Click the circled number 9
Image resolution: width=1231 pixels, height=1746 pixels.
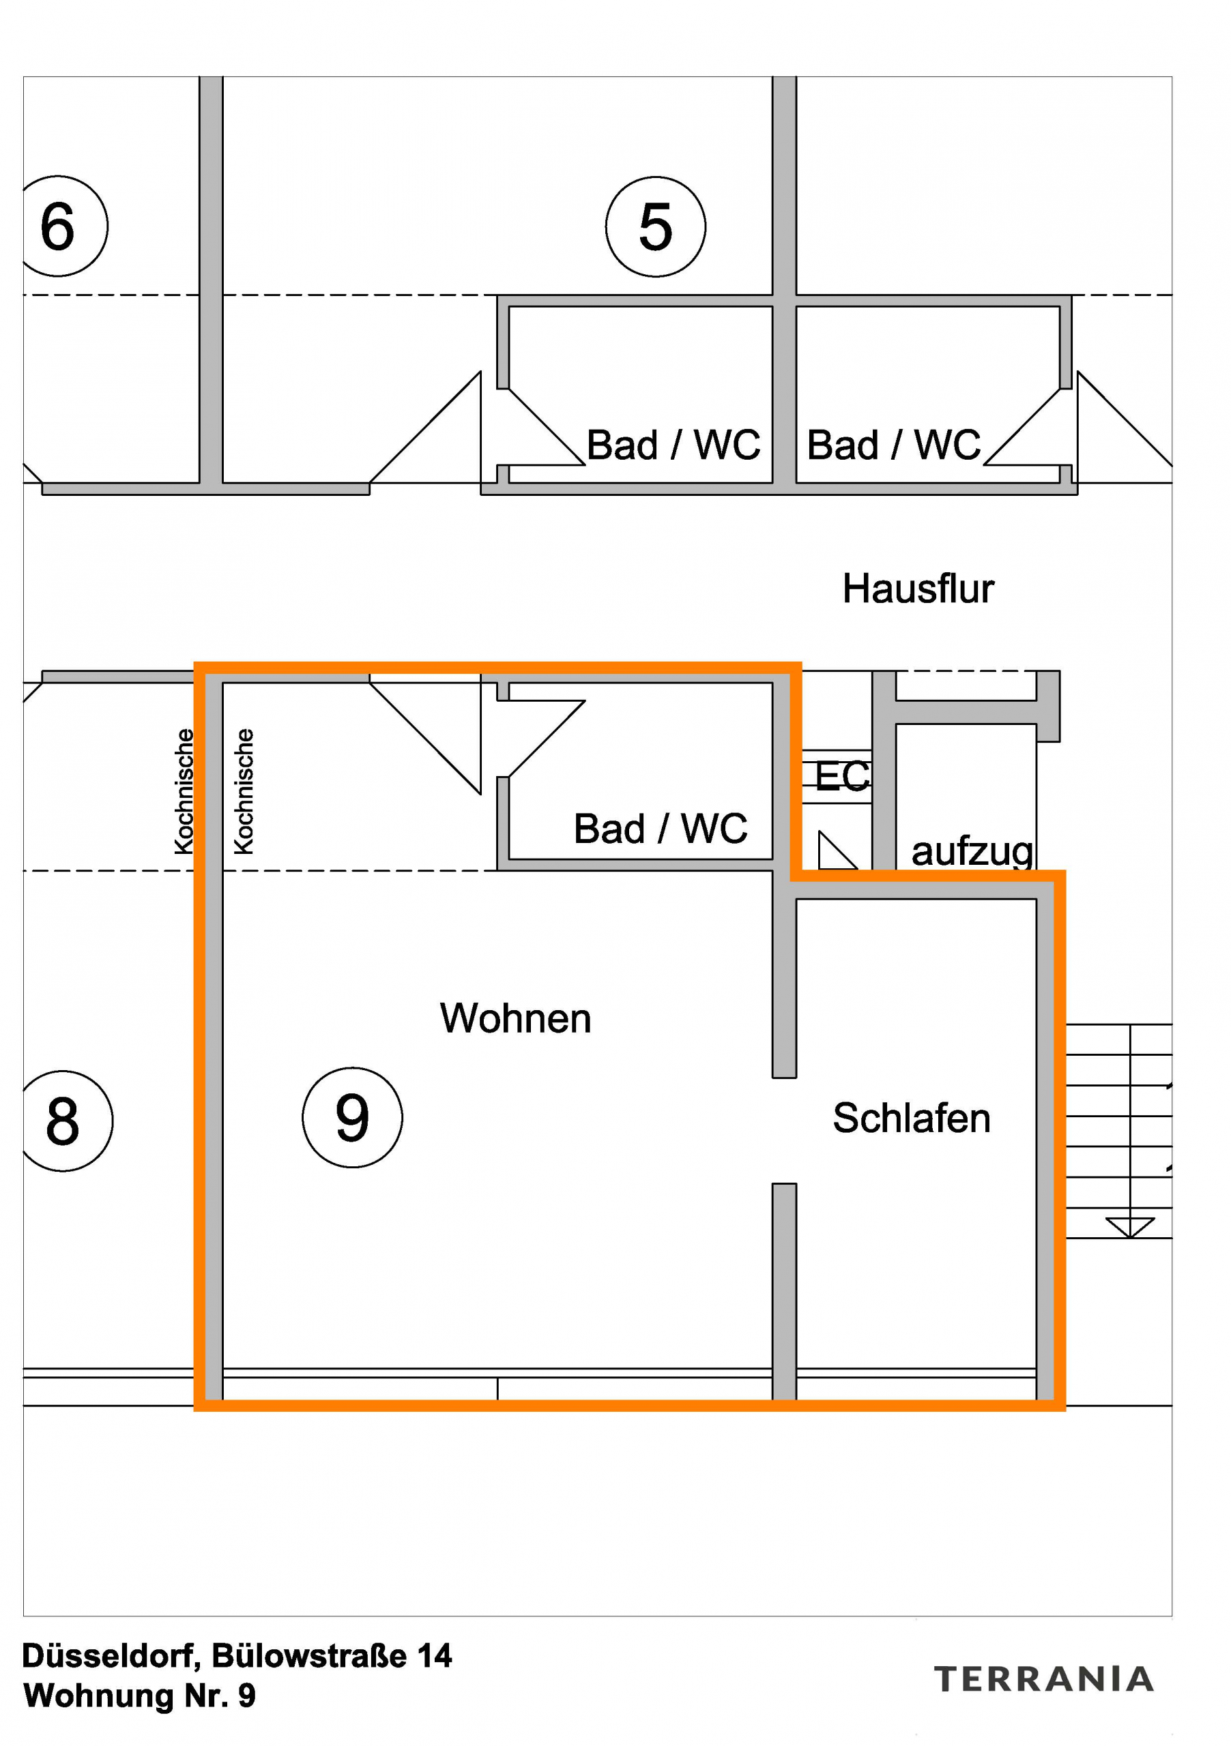(352, 1117)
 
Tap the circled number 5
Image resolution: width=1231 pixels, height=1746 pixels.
(655, 226)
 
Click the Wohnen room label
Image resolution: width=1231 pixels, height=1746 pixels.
(515, 1018)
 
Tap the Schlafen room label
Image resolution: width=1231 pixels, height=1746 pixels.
(912, 1118)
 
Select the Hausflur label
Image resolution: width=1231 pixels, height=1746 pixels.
(918, 588)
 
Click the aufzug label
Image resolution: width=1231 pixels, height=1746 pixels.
(972, 851)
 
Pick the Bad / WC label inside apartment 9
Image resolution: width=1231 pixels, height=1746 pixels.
(660, 828)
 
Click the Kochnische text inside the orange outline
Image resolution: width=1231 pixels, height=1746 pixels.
(244, 791)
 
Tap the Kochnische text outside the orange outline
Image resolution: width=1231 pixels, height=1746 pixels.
(184, 791)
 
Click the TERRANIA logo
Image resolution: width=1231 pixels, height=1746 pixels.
(1043, 1679)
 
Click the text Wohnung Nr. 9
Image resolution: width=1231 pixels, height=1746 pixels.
(139, 1696)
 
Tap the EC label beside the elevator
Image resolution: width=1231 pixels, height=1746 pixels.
(841, 776)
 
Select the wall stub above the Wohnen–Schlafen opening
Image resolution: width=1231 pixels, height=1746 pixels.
(785, 981)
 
